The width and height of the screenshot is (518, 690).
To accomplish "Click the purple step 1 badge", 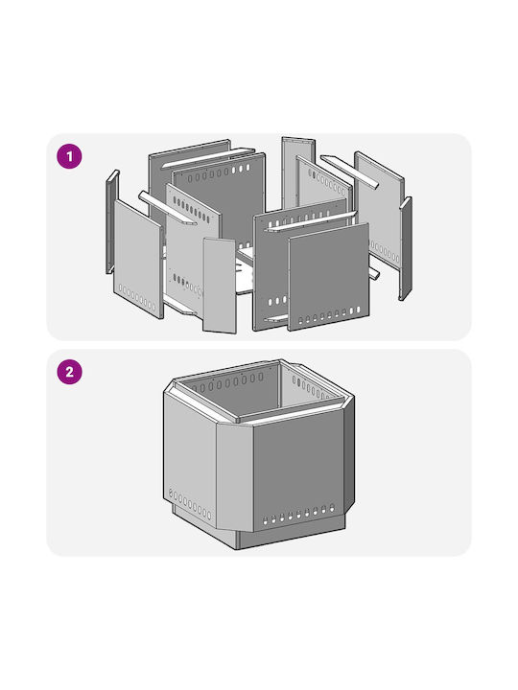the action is pos(70,156).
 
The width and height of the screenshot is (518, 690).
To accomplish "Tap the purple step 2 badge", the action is pos(70,372).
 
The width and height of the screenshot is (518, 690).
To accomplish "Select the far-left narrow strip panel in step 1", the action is pos(112,221).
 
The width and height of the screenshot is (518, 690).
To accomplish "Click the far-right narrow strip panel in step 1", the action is pos(405,248).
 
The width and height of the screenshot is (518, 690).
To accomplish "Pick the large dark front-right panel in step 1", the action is pos(329,276).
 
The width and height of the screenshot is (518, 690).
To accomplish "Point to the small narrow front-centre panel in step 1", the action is pos(220,286).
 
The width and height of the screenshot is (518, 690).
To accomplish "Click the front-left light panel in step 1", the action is pos(138,259).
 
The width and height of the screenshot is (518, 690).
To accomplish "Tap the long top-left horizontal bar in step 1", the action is pos(207,158).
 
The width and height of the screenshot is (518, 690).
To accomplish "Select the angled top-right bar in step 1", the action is pos(349,172).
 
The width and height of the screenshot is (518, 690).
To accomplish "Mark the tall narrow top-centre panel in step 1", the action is pos(298,172).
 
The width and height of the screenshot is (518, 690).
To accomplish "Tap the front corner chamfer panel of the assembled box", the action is pos(235,477).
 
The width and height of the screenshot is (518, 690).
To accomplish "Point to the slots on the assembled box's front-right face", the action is pos(298,514).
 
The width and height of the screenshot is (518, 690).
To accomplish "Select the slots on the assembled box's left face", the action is pos(190,503).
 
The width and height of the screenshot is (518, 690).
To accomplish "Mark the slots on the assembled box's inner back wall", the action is pos(227,383).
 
